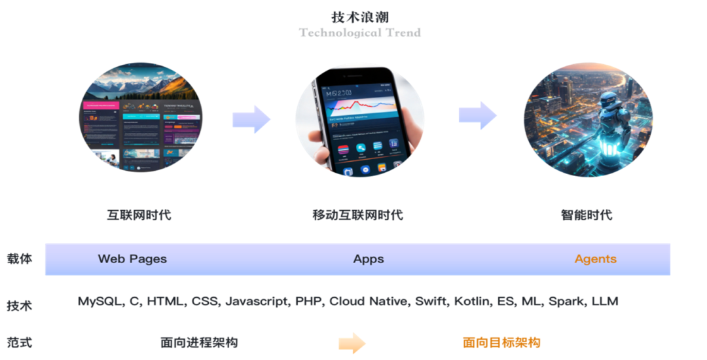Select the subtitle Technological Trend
(x=360, y=32)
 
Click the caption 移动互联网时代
(x=358, y=215)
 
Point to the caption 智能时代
(x=587, y=215)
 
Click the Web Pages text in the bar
(x=132, y=259)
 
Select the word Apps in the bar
(x=369, y=259)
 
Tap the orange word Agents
(x=595, y=259)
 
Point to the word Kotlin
(x=472, y=302)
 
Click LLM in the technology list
(x=605, y=302)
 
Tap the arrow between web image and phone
(x=251, y=119)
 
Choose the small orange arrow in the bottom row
(x=352, y=342)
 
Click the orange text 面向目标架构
(x=501, y=342)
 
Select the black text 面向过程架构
(x=199, y=342)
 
